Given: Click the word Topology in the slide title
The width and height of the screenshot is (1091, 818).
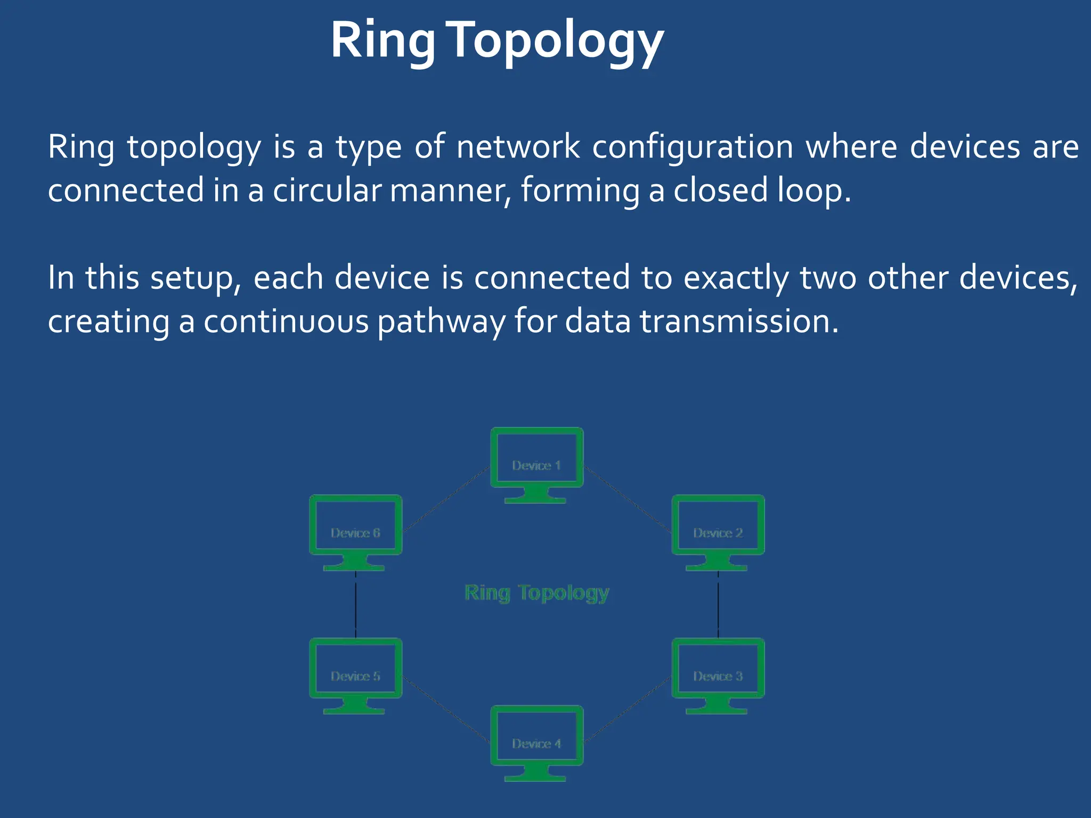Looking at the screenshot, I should [557, 42].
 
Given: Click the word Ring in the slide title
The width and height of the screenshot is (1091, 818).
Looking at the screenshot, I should [382, 42].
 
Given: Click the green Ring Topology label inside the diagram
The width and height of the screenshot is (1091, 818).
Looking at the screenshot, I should [536, 593].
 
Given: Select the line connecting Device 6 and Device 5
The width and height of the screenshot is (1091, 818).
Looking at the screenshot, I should [355, 604].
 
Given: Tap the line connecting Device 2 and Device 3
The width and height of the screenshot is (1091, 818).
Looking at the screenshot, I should [718, 604].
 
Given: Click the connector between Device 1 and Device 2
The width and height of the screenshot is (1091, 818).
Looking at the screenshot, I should [628, 500].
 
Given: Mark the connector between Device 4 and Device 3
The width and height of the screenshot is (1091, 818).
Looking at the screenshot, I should [628, 709].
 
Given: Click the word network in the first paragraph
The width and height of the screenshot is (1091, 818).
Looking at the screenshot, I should [518, 147].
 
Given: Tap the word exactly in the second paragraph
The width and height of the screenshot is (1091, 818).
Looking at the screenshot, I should [736, 278].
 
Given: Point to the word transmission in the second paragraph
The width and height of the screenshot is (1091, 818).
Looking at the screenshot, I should [738, 322].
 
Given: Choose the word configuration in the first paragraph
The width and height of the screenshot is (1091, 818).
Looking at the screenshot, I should [693, 148].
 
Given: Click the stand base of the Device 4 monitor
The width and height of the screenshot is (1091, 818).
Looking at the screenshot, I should [535, 778].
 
